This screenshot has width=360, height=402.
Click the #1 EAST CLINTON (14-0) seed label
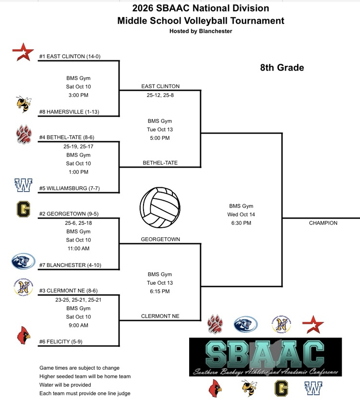coord(70,56)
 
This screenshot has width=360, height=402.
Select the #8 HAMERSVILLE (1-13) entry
coord(69,112)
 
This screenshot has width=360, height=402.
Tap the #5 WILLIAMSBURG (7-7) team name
coord(70,188)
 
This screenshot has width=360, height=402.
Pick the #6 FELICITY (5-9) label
coord(61,341)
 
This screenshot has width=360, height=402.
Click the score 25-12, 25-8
coord(160,95)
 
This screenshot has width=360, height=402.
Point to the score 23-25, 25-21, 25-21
coord(78,300)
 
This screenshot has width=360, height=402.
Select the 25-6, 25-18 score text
coord(78,223)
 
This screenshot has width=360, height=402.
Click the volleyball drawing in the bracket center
coord(160,207)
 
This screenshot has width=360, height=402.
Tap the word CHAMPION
coord(323,223)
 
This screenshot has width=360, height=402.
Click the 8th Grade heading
coord(282,67)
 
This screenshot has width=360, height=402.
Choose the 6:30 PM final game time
coord(241,223)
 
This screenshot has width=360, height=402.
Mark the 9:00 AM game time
coord(78,325)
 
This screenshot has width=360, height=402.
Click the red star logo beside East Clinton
coord(23,52)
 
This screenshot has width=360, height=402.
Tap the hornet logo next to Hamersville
coord(24,104)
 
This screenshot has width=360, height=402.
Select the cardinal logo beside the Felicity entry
coord(24,335)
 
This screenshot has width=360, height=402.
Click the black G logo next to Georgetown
coord(24,209)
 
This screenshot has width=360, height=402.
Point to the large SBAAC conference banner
coord(265,357)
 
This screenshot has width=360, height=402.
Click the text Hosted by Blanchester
coord(201,31)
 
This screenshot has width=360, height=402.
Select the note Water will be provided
coord(65,385)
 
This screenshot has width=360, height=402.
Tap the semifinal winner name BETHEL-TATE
coord(160,163)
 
